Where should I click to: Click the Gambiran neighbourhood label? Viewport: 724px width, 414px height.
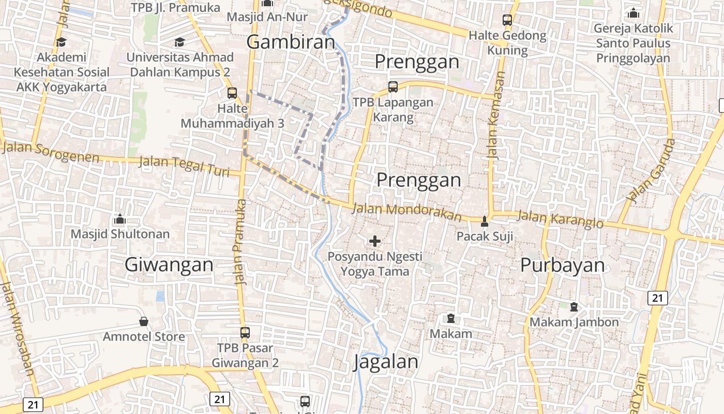click(291, 42)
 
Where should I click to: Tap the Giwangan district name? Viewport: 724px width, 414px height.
click(169, 265)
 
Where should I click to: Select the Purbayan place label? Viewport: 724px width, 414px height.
click(562, 265)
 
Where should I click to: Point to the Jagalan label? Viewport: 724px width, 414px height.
click(386, 362)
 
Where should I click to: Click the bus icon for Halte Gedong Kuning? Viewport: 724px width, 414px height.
click(507, 21)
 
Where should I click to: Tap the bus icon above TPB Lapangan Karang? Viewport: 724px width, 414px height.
click(393, 87)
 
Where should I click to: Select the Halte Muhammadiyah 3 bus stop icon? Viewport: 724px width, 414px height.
click(232, 93)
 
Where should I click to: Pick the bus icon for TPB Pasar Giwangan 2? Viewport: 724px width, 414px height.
click(245, 333)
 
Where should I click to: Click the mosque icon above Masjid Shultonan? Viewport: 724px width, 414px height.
click(120, 219)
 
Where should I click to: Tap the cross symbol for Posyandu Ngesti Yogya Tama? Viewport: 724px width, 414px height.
click(375, 241)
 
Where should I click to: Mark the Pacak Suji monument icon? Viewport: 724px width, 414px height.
click(485, 221)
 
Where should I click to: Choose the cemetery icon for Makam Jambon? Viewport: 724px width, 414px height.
click(574, 307)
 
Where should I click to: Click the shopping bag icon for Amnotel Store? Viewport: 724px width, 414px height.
click(144, 322)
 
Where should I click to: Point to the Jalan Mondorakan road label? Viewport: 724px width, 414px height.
click(406, 212)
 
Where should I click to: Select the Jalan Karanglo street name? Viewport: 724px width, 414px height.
click(560, 220)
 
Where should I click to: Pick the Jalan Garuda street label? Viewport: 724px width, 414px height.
click(651, 170)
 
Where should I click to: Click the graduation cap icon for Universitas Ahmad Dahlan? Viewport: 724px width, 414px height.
click(179, 42)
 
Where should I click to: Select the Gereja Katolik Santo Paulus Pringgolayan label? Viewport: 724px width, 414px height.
click(633, 43)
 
